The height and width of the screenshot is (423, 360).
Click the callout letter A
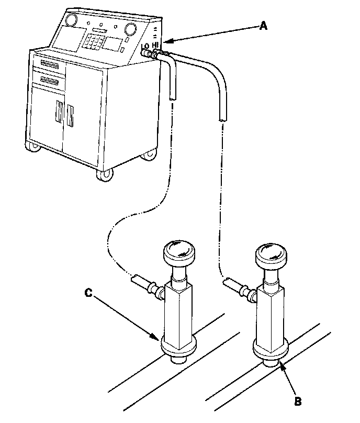264,25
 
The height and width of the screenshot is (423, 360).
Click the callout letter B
298,402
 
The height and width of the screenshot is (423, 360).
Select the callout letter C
89,294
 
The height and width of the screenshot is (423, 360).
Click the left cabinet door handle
59,115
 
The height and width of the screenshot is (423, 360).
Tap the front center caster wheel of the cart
103,175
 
